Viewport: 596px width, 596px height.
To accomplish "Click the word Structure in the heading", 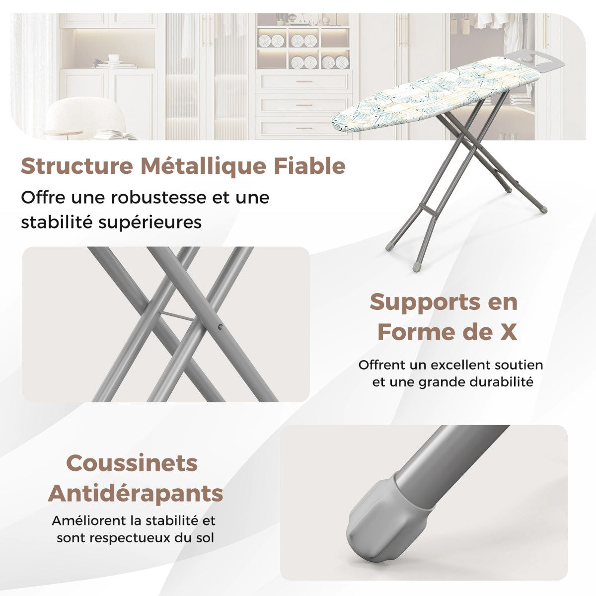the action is (x=77, y=166).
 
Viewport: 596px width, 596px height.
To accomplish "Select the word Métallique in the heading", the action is (x=203, y=167).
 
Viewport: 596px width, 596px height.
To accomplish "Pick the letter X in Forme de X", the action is (x=508, y=332).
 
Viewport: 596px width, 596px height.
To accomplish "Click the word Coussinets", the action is (x=132, y=463).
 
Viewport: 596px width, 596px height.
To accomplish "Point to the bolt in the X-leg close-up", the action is (x=220, y=327).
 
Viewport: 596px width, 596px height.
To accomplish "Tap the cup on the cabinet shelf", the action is (x=114, y=58).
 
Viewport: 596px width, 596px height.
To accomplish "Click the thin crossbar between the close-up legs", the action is (x=177, y=316).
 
